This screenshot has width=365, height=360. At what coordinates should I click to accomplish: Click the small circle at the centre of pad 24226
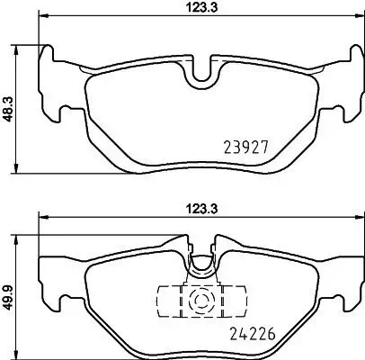(x=199, y=299)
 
